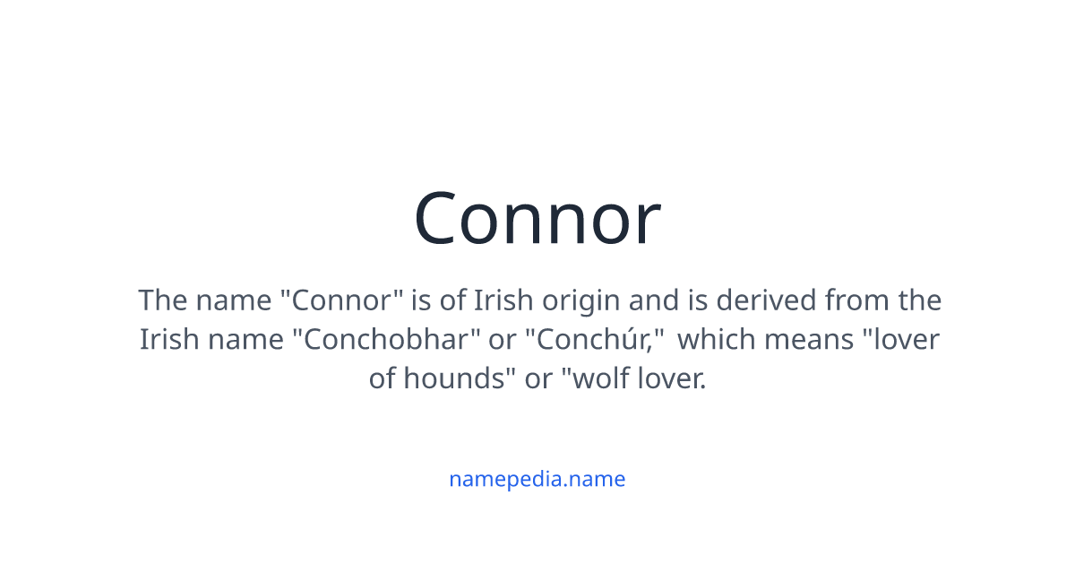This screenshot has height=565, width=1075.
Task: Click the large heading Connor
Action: (537, 220)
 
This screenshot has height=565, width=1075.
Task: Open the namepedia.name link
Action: (537, 479)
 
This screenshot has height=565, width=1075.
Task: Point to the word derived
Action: (775, 300)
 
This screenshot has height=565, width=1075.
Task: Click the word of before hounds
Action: (383, 379)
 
